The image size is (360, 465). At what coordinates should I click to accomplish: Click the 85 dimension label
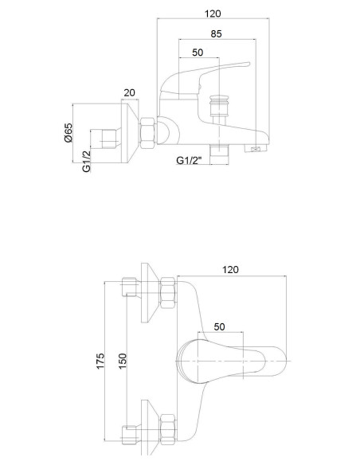216,33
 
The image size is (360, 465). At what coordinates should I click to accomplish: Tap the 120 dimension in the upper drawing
213,14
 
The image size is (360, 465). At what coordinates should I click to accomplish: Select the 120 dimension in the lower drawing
230,270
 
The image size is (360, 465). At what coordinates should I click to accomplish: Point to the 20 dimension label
129,93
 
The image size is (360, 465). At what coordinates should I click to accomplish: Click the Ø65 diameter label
68,132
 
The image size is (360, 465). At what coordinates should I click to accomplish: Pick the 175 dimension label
100,361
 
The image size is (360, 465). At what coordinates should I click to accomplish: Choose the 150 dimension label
122,361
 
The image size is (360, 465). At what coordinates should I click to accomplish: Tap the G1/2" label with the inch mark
189,160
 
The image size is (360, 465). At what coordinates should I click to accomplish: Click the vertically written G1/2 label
86,162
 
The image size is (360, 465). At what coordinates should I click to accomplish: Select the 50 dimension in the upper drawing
198,53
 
